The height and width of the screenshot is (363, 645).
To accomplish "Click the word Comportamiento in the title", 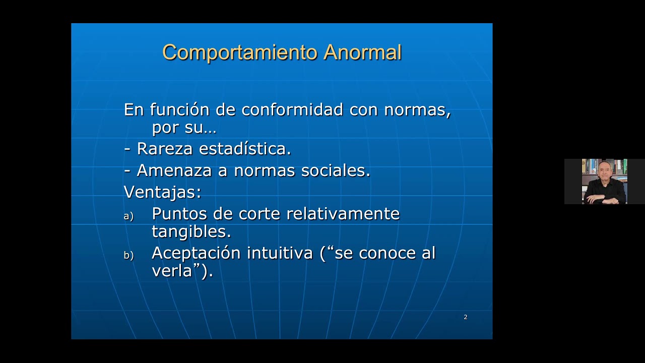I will coord(240,52).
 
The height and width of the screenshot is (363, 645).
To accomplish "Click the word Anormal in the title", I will coord(362,52).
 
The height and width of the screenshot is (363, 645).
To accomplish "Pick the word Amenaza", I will coord(174,170).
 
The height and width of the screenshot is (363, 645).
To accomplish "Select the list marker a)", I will coord(128,216).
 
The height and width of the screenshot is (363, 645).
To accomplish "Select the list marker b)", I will coord(128,256).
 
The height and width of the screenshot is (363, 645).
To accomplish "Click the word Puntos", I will coord(179,214).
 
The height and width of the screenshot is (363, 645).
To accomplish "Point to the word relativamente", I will coord(343,214).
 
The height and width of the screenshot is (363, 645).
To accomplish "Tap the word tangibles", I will coord(191,232).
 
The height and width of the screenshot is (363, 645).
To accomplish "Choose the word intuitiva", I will coord(280,253).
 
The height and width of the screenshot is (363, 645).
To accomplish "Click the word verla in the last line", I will coord(172,271).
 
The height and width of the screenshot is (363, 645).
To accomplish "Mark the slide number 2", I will coord(466,317).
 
